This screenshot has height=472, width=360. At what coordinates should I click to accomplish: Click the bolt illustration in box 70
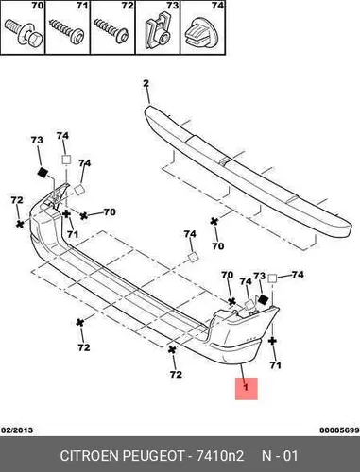[24, 34]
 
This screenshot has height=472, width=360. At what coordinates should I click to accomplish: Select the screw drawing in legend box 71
[67, 30]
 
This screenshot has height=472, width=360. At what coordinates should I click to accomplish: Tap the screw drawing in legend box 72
[111, 30]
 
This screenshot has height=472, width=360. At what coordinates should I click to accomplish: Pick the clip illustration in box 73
[158, 30]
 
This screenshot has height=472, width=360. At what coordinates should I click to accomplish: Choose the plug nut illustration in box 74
[200, 32]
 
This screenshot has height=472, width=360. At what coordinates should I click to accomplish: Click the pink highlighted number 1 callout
[247, 389]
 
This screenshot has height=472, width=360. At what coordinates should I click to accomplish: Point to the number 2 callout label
[146, 83]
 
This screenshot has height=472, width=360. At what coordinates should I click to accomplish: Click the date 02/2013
[17, 430]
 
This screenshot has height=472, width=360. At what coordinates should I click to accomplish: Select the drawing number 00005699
[339, 430]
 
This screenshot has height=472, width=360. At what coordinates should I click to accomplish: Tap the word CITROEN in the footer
[90, 456]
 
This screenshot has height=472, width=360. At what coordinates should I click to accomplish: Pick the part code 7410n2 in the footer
[220, 456]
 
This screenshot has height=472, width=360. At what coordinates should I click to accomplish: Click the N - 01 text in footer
[280, 456]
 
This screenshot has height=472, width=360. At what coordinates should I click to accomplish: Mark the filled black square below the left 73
[43, 172]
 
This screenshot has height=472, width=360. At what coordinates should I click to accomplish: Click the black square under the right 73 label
[263, 299]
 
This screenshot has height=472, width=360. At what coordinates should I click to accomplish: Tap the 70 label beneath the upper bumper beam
[217, 245]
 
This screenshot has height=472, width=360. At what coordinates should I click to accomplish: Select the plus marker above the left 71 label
[66, 214]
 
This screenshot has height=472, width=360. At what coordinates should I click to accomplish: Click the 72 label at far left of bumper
[17, 200]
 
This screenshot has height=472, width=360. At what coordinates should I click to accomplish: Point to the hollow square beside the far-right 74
[272, 278]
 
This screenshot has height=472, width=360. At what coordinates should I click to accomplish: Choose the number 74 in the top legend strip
[218, 6]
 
